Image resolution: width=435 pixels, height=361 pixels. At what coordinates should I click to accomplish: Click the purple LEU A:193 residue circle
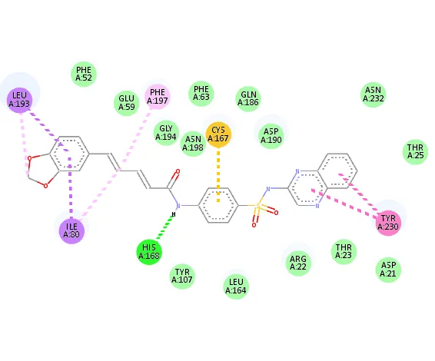tap(19, 100)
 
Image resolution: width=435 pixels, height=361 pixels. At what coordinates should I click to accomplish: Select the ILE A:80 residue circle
tap(71, 230)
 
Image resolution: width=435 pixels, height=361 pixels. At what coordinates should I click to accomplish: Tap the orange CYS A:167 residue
tap(218, 134)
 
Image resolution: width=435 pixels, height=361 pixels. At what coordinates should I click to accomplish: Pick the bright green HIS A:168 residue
tap(149, 252)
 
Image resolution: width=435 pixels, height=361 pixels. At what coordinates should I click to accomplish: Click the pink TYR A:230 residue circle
tap(388, 223)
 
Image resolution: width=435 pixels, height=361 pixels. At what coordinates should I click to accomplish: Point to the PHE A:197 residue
tap(158, 97)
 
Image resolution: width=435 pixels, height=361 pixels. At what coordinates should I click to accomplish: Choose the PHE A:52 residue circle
tap(84, 75)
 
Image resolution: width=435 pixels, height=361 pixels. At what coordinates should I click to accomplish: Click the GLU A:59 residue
tap(127, 103)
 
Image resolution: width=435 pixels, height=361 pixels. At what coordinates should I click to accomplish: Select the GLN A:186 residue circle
tap(248, 99)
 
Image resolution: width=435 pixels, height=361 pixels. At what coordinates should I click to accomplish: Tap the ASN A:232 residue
tap(374, 94)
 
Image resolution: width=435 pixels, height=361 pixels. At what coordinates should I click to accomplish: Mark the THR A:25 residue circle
tap(415, 151)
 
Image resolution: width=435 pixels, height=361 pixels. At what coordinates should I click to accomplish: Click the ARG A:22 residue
tap(298, 263)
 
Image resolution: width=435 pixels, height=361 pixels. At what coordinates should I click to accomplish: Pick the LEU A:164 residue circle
tap(236, 286)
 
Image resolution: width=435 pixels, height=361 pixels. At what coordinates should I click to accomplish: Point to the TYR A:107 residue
tap(182, 277)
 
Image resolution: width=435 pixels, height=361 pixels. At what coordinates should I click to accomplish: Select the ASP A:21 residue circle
tap(388, 270)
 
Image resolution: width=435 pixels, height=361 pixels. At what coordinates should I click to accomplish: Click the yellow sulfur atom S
tap(258, 206)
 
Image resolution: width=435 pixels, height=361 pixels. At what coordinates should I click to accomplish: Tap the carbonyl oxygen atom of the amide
tap(178, 172)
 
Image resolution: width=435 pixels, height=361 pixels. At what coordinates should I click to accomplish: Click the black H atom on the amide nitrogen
tap(174, 214)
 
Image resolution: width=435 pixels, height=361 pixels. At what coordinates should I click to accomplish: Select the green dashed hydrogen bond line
tap(164, 228)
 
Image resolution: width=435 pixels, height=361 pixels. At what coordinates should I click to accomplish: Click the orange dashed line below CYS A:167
tap(218, 176)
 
